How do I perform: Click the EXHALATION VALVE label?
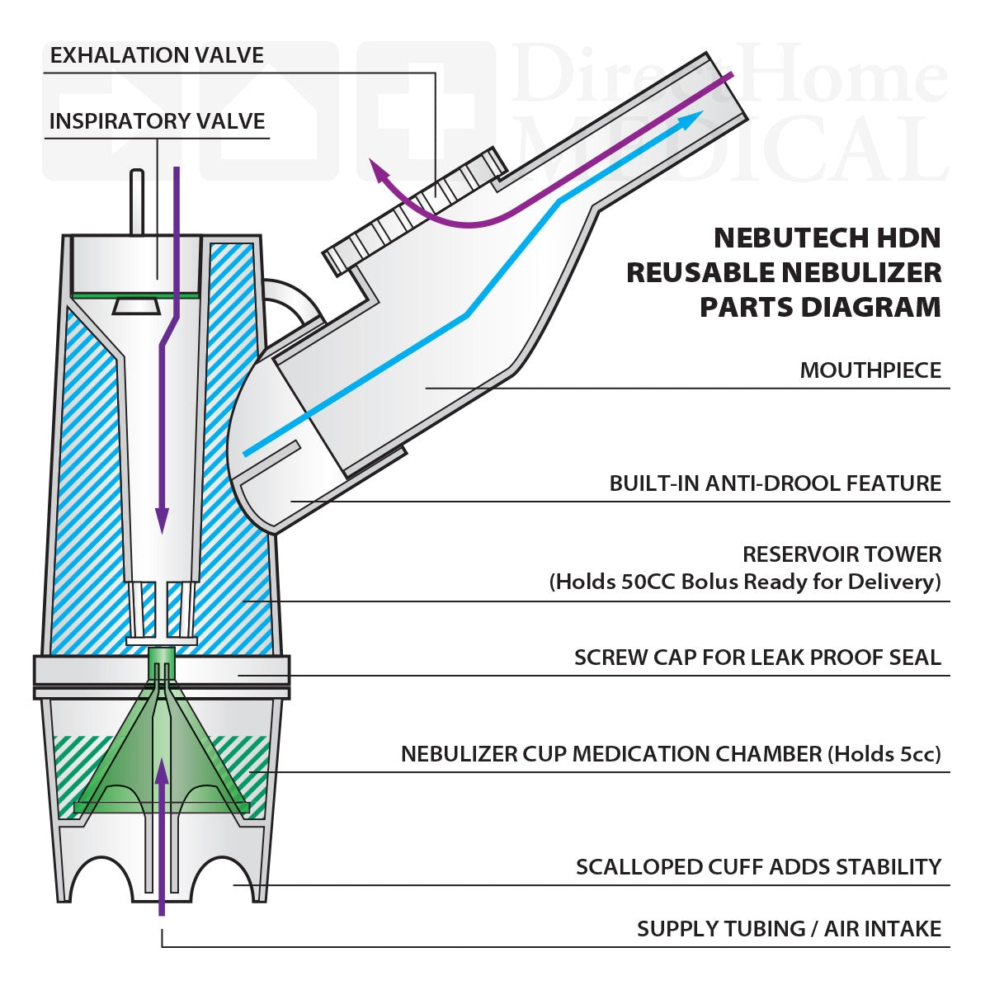click(x=157, y=55)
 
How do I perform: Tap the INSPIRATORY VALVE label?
click(x=157, y=121)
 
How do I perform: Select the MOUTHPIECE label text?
click(x=870, y=370)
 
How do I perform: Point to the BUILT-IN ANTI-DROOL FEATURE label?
click(x=775, y=483)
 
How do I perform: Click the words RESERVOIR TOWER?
click(x=841, y=554)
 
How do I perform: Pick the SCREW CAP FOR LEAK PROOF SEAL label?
click(x=757, y=658)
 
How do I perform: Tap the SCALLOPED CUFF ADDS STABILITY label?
click(x=758, y=867)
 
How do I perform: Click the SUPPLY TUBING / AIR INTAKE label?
click(x=788, y=929)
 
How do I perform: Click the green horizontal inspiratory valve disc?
click(x=134, y=295)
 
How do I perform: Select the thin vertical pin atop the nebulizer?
click(x=137, y=202)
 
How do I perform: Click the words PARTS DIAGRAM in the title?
click(x=820, y=307)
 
